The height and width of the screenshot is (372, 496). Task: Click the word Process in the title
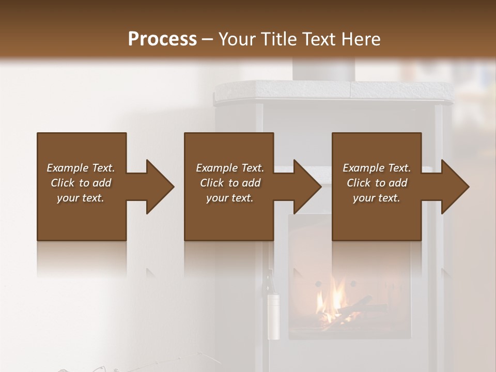pyautogui.click(x=162, y=39)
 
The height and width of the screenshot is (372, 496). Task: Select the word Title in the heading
pyautogui.click(x=280, y=39)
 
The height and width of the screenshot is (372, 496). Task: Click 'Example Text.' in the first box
pyautogui.click(x=81, y=168)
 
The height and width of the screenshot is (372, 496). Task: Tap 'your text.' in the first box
pyautogui.click(x=81, y=198)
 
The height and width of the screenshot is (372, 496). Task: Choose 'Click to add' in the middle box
pyautogui.click(x=230, y=183)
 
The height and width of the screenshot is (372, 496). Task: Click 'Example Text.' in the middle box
pyautogui.click(x=230, y=168)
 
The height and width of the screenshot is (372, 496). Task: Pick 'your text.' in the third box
pyautogui.click(x=377, y=198)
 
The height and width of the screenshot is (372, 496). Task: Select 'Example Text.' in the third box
pyautogui.click(x=377, y=168)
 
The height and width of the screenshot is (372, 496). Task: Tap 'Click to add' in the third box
pyautogui.click(x=377, y=183)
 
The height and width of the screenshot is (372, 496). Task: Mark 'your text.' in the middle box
pyautogui.click(x=230, y=198)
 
